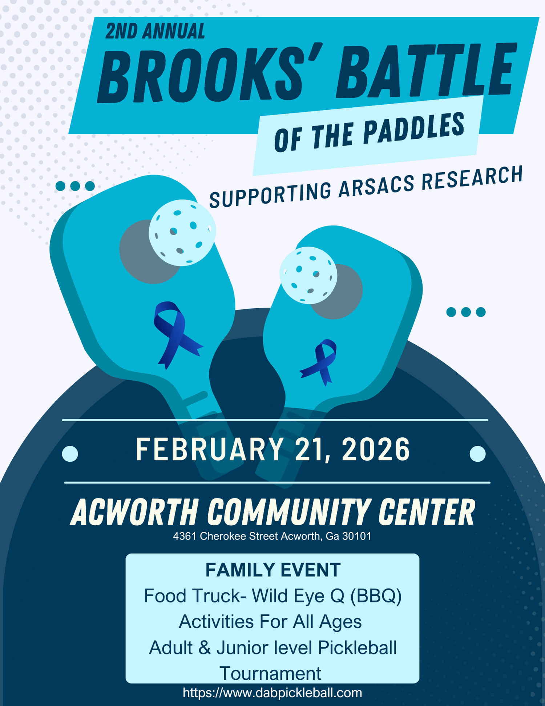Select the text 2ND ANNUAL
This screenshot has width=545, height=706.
click(x=155, y=31)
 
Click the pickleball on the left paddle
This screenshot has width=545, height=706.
click(x=182, y=233)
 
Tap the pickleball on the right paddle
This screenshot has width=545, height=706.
click(x=308, y=275)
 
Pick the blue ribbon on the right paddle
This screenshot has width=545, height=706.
click(x=319, y=362)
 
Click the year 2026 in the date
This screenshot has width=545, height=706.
click(x=376, y=450)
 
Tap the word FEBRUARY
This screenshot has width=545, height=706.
click(x=210, y=450)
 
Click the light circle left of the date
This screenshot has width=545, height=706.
click(x=70, y=454)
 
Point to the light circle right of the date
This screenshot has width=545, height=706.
click(x=477, y=454)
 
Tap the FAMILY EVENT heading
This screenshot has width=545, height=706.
click(x=273, y=570)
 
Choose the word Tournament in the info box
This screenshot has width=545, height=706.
click(x=271, y=673)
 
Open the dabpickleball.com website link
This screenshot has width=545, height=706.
click(x=272, y=693)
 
